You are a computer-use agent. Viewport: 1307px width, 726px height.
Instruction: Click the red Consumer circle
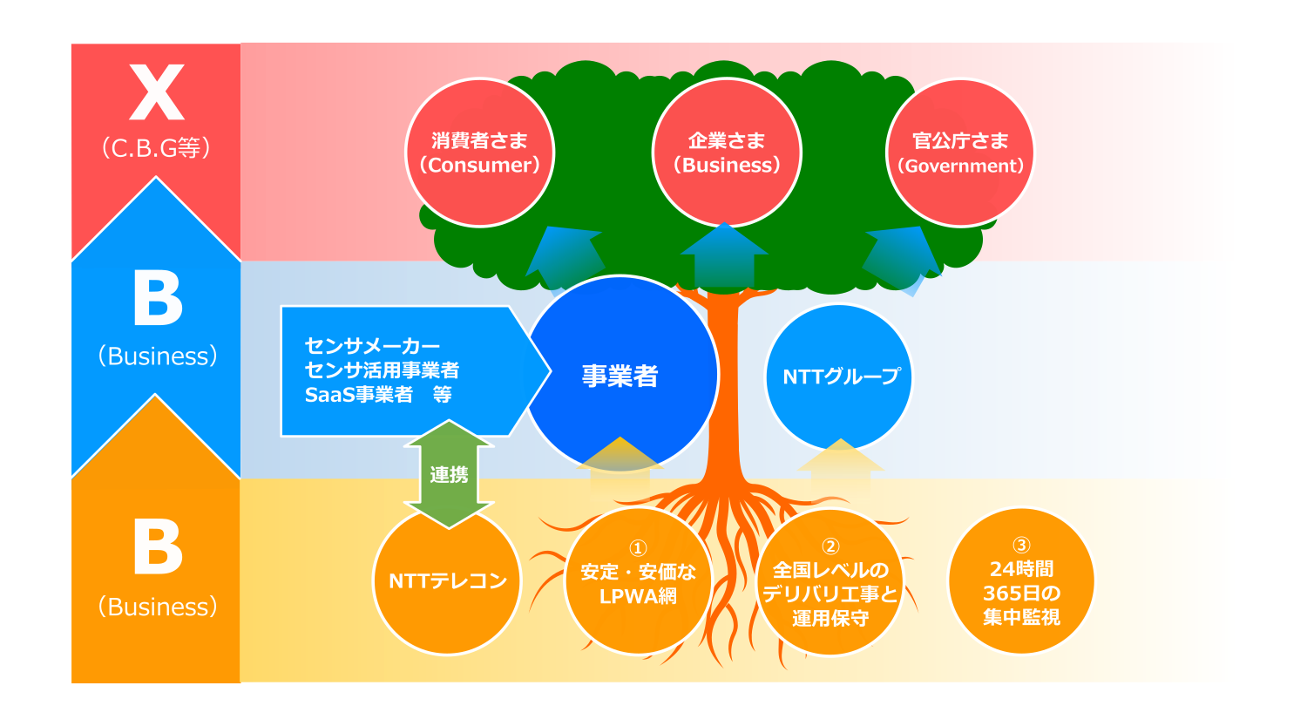[479, 153]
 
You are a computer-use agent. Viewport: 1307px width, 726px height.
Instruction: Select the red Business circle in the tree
[727, 153]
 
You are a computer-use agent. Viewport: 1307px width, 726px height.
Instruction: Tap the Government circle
[960, 153]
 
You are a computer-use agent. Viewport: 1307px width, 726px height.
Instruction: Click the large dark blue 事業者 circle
[620, 374]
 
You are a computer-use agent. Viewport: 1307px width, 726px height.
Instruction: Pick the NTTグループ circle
[839, 377]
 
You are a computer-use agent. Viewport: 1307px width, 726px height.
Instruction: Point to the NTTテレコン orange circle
[447, 580]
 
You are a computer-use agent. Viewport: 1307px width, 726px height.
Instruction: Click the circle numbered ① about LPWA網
[639, 580]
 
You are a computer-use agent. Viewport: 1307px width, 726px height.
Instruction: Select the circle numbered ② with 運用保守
[830, 582]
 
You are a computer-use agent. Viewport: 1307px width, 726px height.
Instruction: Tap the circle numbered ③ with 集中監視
[1021, 580]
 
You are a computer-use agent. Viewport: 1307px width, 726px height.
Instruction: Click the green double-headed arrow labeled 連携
[449, 474]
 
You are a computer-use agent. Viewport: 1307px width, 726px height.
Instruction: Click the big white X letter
[156, 92]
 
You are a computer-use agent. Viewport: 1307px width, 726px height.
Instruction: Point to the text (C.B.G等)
[156, 147]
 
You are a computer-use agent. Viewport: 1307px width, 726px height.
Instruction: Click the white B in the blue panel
[158, 298]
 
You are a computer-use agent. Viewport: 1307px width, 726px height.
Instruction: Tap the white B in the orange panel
[158, 546]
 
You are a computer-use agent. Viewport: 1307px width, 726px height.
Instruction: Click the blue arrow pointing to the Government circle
[902, 260]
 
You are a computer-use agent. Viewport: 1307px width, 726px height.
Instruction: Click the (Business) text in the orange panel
[158, 607]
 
